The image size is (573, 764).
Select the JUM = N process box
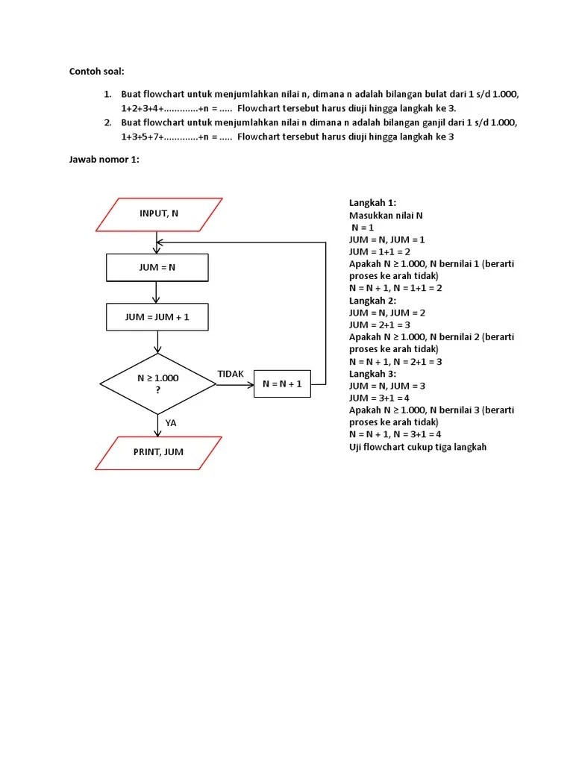pyautogui.click(x=157, y=267)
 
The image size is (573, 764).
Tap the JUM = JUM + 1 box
pyautogui.click(x=157, y=317)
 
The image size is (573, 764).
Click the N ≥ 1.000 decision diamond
pyautogui.click(x=158, y=383)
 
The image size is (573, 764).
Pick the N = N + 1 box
pyautogui.click(x=282, y=384)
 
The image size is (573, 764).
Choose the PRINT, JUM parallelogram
pyautogui.click(x=158, y=452)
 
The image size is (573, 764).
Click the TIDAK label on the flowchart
pyautogui.click(x=231, y=374)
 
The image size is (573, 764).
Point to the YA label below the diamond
pyautogui.click(x=171, y=423)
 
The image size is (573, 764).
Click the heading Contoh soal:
pyautogui.click(x=97, y=72)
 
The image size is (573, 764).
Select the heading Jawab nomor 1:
pyautogui.click(x=104, y=160)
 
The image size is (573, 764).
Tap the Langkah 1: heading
pyautogui.click(x=372, y=203)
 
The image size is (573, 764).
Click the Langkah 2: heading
pyautogui.click(x=372, y=300)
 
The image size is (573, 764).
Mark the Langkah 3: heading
pyautogui.click(x=372, y=373)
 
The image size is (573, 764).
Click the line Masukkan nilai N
pyautogui.click(x=386, y=215)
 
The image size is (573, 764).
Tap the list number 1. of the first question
pyautogui.click(x=107, y=94)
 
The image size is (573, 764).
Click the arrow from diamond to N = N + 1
pyautogui.click(x=235, y=385)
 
